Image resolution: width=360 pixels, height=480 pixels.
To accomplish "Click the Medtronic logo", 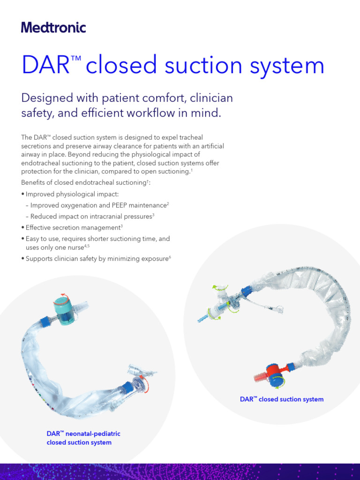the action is click(53, 28).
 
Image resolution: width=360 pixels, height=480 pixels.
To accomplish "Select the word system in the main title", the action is click(287, 65).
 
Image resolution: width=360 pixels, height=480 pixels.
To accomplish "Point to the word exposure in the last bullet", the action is click(153, 258).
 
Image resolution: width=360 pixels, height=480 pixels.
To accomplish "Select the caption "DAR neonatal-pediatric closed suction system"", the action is click(79, 438).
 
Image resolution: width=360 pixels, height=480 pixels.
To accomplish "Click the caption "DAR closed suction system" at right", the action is click(282, 399).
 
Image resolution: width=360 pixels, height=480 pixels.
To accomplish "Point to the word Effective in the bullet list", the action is click(39, 227).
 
